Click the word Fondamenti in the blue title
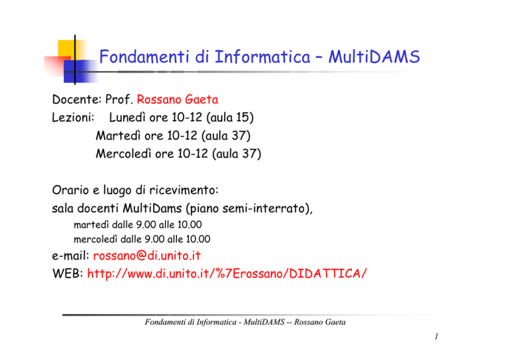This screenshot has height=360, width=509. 143,56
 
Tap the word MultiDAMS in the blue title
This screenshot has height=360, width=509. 374,56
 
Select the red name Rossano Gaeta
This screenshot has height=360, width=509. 177,99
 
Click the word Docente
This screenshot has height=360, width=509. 77,99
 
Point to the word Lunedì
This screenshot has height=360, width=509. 127,117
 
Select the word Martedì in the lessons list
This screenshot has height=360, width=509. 118,135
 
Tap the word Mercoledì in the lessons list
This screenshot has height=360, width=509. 123,154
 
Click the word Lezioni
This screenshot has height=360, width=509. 73,117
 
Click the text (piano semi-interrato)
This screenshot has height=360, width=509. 249,208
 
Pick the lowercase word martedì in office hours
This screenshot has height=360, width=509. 91,225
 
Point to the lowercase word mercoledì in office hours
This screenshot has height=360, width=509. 95,239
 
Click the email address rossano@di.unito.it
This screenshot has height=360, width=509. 146,256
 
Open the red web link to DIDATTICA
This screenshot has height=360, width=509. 227,274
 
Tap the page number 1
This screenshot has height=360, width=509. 437,336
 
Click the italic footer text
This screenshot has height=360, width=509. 245,322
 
